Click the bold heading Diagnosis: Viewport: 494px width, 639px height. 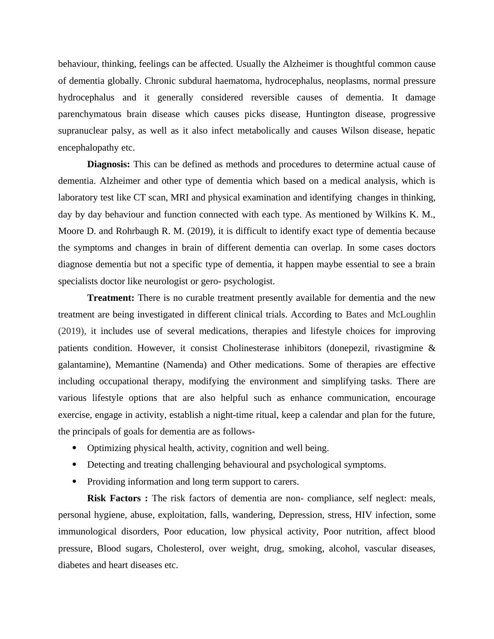pos(108,164)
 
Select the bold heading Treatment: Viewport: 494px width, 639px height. pos(110,298)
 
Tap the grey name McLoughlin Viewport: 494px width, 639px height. pos(411,315)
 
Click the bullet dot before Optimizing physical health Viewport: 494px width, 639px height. pos(75,448)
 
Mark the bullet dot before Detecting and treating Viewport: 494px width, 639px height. pos(75,464)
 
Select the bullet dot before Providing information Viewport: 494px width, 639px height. pos(75,481)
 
